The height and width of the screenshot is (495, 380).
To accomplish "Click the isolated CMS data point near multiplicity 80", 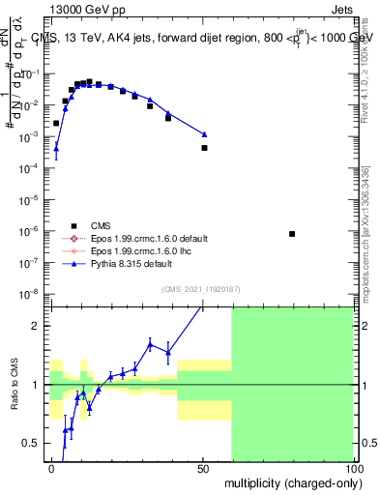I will tap(293, 234).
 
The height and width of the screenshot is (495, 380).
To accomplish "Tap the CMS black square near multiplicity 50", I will tap(204, 148).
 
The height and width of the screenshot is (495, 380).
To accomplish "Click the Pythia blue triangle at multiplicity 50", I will tap(204, 134).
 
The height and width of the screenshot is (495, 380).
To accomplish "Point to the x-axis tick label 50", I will tap(204, 467).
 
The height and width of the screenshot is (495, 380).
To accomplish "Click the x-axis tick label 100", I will tap(353, 467).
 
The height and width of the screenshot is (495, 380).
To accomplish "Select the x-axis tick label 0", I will tap(52, 467).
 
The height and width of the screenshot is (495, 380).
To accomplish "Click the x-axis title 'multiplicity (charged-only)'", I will tap(289, 481).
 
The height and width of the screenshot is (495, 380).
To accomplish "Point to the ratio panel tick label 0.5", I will tap(35, 443).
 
